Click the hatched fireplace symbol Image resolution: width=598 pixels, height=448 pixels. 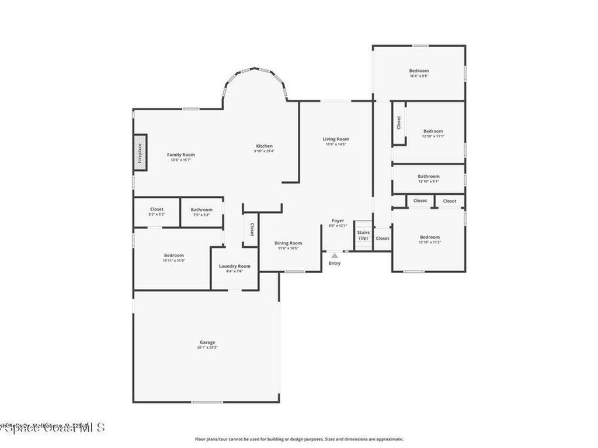pos(140,153)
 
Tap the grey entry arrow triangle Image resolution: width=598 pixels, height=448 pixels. pos(335,255)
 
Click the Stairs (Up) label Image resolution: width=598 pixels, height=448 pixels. pos(363,235)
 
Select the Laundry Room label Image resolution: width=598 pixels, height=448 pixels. pos(235,266)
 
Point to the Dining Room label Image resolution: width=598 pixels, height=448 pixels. pos(288,243)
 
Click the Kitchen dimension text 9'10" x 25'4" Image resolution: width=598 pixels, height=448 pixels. pos(264,151)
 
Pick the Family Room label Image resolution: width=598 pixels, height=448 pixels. pos(181,155)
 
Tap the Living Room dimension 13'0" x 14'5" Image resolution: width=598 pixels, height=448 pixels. pos(336,144)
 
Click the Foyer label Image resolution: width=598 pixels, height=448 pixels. pos(338,220)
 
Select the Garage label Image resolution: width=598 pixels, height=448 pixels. pos(207,342)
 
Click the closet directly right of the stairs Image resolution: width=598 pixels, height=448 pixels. pos(383,238)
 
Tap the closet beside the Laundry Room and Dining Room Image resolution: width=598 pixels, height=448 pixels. pos(252,229)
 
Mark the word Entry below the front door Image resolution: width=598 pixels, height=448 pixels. pos(335,263)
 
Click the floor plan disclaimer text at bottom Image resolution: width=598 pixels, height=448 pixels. pos(299,439)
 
